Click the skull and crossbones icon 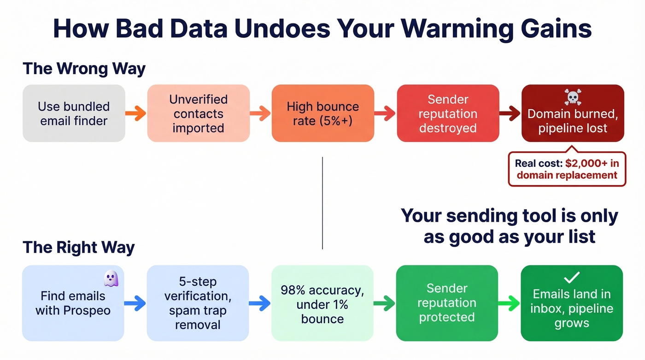[572, 97]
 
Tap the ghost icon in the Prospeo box [111, 278]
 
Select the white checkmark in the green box [572, 277]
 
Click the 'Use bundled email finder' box [74, 113]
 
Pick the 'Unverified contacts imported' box [199, 113]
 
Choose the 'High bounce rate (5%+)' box [322, 113]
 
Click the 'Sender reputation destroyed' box [448, 113]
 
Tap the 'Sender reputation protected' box [447, 303]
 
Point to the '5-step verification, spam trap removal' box [198, 303]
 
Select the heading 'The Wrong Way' [84, 69]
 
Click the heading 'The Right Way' [78, 248]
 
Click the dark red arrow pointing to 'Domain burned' [510, 113]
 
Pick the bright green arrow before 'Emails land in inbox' [509, 303]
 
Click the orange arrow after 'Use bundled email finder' [135, 113]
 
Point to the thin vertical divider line [322, 203]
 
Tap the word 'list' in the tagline [582, 236]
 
